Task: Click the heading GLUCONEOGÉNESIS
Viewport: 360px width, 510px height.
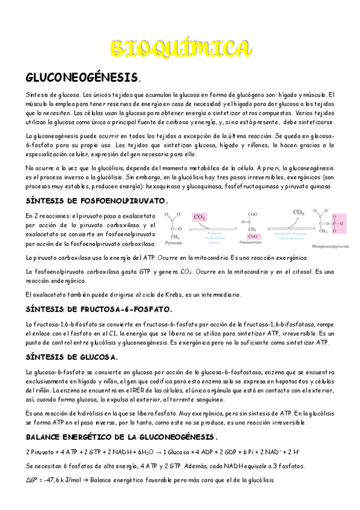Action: coord(82,78)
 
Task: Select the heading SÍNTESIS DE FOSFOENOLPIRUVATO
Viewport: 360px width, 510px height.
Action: coord(97,201)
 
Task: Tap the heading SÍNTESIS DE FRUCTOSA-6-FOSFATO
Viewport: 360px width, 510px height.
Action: coord(99,310)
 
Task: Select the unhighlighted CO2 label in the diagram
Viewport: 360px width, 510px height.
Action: coord(298,213)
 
